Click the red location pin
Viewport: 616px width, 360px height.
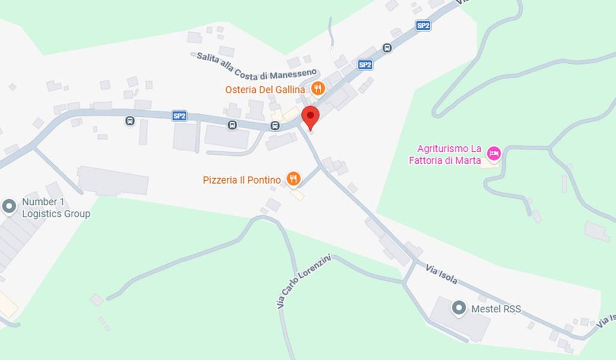pos(310,116)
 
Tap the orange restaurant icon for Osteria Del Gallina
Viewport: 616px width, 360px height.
pos(318,90)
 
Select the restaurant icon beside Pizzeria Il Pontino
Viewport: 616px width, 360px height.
pos(293,178)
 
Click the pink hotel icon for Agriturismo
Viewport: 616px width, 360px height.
pos(493,153)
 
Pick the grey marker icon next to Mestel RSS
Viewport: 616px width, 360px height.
pos(459,309)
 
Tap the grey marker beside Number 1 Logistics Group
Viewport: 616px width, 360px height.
pos(9,206)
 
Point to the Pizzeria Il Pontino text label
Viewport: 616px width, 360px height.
pos(242,180)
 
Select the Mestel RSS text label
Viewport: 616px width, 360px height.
pos(496,309)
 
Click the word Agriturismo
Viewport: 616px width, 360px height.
pos(442,148)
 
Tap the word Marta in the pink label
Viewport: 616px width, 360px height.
pos(469,160)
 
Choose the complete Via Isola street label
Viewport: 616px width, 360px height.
pos(442,274)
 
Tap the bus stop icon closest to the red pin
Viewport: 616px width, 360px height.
pos(275,126)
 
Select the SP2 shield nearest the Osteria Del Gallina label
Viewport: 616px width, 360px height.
pos(365,64)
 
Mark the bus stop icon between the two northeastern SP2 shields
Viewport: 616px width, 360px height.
pos(387,48)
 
